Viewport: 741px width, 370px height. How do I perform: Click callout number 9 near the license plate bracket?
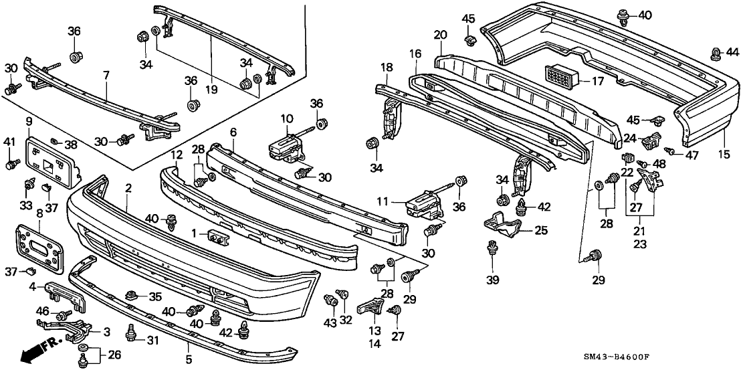(x=29, y=121)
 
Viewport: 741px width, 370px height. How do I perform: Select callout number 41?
(x=9, y=141)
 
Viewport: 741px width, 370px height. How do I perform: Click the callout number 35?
(x=155, y=296)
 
